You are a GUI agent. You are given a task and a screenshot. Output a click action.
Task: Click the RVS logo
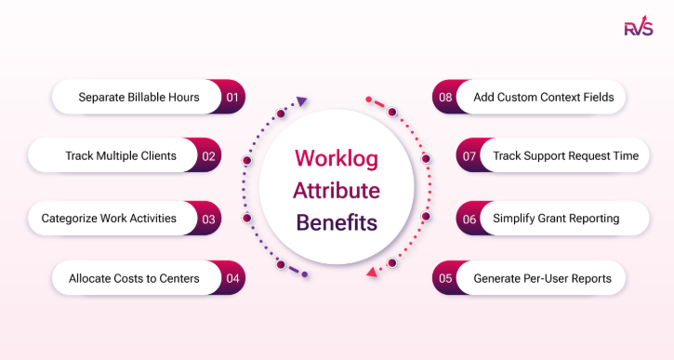click(x=639, y=27)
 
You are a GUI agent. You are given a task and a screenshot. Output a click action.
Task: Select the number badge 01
click(x=232, y=97)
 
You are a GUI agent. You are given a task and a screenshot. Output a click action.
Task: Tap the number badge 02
click(x=209, y=155)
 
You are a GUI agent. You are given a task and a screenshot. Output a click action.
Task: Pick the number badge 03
click(x=209, y=219)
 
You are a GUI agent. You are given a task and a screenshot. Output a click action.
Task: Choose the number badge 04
click(x=232, y=278)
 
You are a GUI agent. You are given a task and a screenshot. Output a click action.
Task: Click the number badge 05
click(x=444, y=278)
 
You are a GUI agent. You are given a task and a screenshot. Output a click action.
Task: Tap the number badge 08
click(x=444, y=97)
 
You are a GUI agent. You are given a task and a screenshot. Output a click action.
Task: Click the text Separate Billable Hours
click(x=139, y=97)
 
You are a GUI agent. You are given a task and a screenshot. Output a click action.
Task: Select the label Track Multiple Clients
click(x=121, y=155)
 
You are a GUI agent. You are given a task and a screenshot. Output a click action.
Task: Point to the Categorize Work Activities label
click(x=109, y=219)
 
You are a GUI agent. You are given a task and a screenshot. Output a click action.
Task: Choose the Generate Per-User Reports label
click(x=542, y=278)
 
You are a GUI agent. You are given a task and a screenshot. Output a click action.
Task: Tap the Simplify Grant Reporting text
click(x=556, y=219)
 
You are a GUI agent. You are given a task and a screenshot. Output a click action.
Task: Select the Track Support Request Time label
click(x=565, y=155)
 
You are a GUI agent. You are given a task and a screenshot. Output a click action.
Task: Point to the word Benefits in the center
click(x=337, y=224)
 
